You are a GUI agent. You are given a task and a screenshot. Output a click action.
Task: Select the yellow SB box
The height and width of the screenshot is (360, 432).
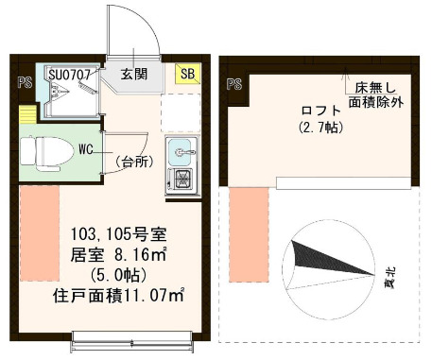pyautogui.click(x=187, y=74)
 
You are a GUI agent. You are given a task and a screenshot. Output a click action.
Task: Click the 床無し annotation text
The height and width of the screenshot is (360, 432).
pyautogui.click(x=376, y=85)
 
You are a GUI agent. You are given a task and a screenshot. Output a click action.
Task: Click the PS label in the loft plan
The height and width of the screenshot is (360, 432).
pyautogui.click(x=234, y=84)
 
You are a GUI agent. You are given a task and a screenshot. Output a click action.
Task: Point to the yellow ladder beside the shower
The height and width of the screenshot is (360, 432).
pyautogui.click(x=26, y=113)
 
